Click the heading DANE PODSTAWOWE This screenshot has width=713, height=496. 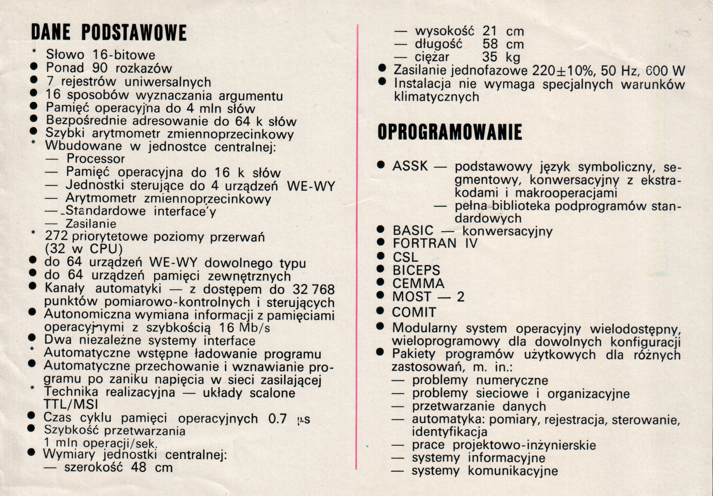tap(109, 33)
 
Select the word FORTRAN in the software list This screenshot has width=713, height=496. tap(425, 243)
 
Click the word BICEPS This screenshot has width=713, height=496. tap(416, 271)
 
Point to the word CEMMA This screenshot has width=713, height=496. tap(418, 284)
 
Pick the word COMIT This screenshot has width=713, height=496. tap(414, 312)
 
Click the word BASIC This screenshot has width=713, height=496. tap(413, 231)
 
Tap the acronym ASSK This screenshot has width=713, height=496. tap(410, 166)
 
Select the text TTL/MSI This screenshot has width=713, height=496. tap(71, 405)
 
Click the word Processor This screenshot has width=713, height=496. tap(96, 159)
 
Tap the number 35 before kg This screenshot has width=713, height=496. tap(489, 58)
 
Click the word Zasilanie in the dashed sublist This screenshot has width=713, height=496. tap(91, 224)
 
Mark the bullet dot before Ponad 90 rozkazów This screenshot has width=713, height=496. tap(34, 67)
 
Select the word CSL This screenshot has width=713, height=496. tap(405, 257)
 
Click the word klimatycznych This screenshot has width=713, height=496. tap(436, 97)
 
